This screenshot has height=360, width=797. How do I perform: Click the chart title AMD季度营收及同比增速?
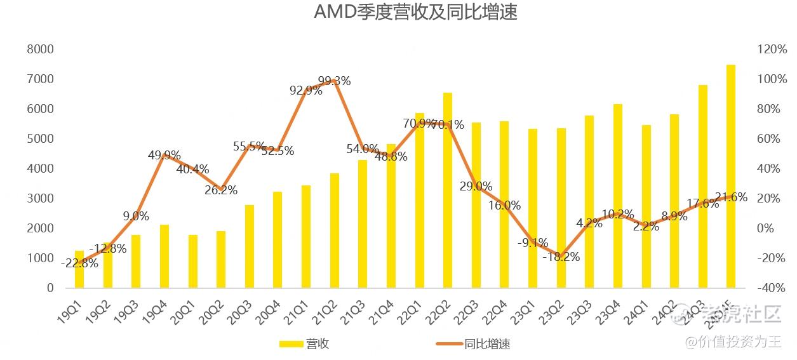pyautogui.click(x=415, y=13)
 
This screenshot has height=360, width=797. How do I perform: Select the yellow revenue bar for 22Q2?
pyautogui.click(x=448, y=190)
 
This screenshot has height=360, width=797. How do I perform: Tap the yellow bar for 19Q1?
pyautogui.click(x=79, y=270)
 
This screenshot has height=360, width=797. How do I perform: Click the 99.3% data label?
pyautogui.click(x=334, y=81)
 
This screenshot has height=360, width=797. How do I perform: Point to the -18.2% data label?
pyautogui.click(x=561, y=257)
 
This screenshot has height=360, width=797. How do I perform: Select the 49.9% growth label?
pyautogui.click(x=164, y=156)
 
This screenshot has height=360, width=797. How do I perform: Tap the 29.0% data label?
pyautogui.click(x=476, y=187)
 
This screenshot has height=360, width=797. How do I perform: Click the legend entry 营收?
pyautogui.click(x=317, y=344)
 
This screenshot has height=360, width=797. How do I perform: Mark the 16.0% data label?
pyautogui.click(x=505, y=205)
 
